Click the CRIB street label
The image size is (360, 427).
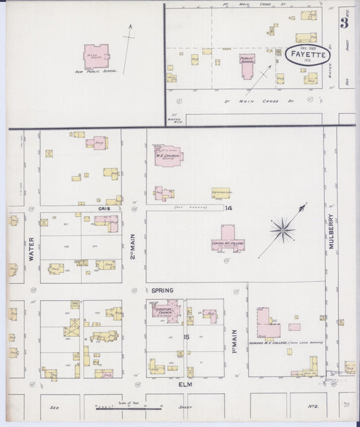pyautogui.click(x=103, y=209)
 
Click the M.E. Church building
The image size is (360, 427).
pyautogui.click(x=166, y=155)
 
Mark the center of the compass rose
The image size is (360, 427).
pyautogui.click(x=282, y=230)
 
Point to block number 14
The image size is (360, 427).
pyautogui.click(x=229, y=207)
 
